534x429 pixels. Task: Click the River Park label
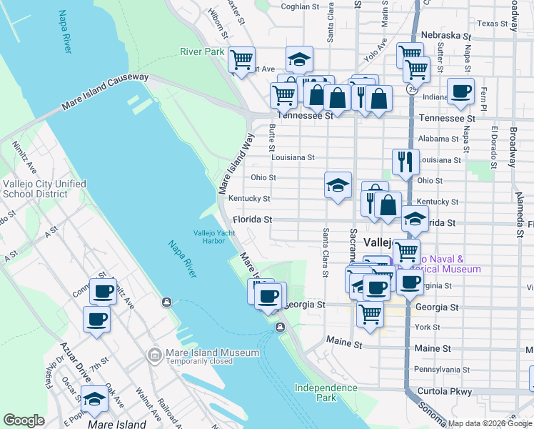(x=201, y=52)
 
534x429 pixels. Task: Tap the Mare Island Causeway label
(x=105, y=92)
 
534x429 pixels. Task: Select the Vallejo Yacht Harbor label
(x=209, y=236)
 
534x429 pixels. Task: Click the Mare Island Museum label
(x=212, y=352)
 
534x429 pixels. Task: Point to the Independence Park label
(x=326, y=393)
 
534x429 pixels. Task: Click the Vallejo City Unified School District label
(x=44, y=189)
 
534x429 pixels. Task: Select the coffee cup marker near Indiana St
(x=460, y=92)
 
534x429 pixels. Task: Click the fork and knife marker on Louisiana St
(x=405, y=162)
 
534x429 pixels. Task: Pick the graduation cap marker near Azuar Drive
(x=94, y=400)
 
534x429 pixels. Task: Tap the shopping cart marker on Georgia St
(x=369, y=312)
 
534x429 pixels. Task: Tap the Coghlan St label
(x=300, y=6)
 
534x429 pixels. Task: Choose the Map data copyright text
(x=490, y=423)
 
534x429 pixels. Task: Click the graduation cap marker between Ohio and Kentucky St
(x=338, y=185)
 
